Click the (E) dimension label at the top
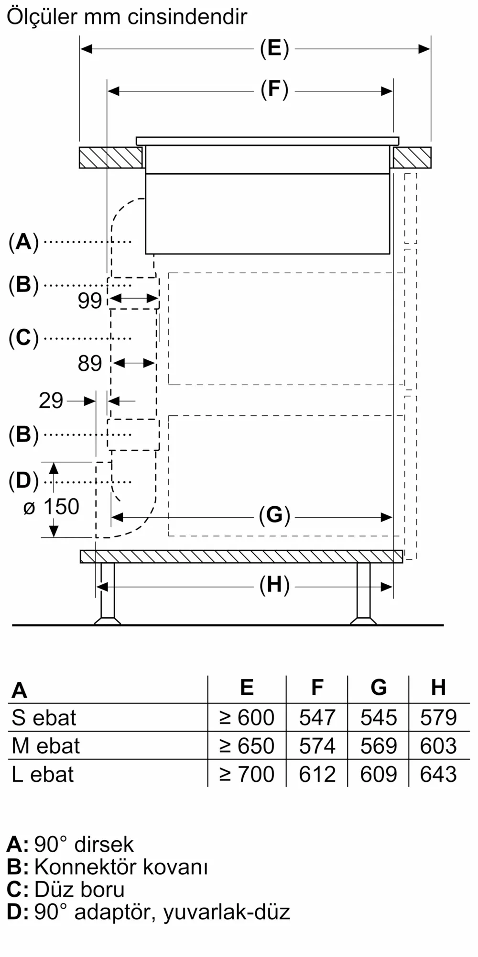pos(274,48)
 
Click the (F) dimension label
pos(274,90)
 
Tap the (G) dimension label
pos(274,515)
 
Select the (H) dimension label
pos(274,585)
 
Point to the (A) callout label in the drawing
pos(23,242)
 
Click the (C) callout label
pos(23,338)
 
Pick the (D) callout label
pos(23,481)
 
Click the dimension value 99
pos(90,300)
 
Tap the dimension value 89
pos(90,364)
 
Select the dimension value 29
pos(51,401)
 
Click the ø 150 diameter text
pos(51,507)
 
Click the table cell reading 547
pos(317,718)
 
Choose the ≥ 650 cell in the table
pos(247,746)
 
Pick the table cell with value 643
pos(438,774)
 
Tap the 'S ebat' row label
pos(44,718)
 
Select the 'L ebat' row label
pos(43,774)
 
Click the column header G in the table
pos(379,688)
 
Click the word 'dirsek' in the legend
pos(104,845)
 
